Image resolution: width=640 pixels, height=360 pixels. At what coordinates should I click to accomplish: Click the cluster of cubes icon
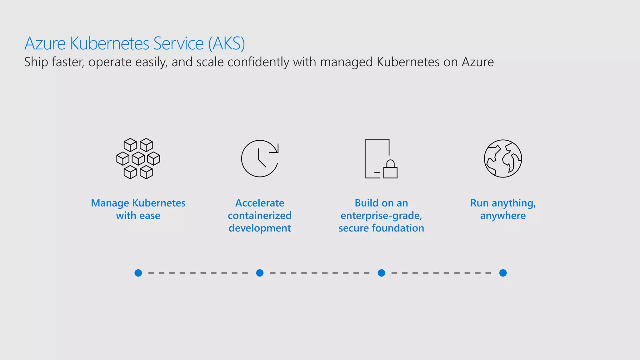click(x=138, y=158)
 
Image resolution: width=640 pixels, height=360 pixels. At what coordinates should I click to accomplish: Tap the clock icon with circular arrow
click(x=259, y=159)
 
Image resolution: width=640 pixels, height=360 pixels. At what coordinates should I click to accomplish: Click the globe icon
click(x=503, y=158)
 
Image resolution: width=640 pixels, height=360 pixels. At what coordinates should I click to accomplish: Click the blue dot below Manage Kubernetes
click(x=138, y=273)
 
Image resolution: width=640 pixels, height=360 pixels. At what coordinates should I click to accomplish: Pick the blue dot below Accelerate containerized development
click(x=260, y=273)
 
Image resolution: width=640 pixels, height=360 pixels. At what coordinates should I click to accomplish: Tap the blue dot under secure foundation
click(x=381, y=273)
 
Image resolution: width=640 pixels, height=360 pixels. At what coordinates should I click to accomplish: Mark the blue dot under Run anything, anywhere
click(x=503, y=273)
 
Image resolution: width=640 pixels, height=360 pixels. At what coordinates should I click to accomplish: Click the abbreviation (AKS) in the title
click(x=227, y=43)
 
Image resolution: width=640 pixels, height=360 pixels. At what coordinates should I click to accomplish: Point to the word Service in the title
click(x=179, y=43)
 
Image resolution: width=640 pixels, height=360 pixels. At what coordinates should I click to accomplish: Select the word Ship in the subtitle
click(x=36, y=62)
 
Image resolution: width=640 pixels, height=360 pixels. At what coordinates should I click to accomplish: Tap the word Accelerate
click(x=260, y=203)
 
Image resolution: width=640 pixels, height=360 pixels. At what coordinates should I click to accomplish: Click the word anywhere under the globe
click(x=503, y=216)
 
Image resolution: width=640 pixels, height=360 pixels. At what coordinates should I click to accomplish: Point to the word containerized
click(x=260, y=216)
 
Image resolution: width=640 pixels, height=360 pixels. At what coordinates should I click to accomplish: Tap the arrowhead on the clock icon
click(x=276, y=149)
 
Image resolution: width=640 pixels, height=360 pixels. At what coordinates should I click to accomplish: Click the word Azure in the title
click(x=45, y=43)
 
